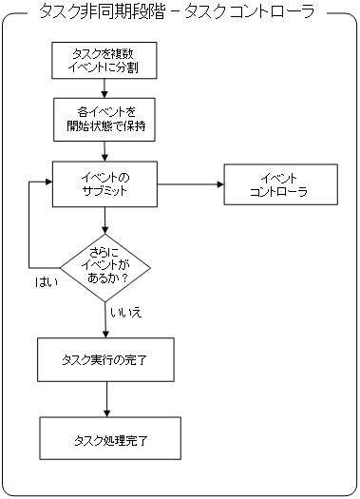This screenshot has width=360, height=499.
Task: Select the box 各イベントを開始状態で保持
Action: pyautogui.click(x=102, y=119)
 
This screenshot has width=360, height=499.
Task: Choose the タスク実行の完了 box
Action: pyautogui.click(x=104, y=359)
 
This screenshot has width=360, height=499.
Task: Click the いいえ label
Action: pyautogui.click(x=125, y=311)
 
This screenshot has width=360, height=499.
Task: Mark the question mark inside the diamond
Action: pyautogui.click(x=124, y=279)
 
